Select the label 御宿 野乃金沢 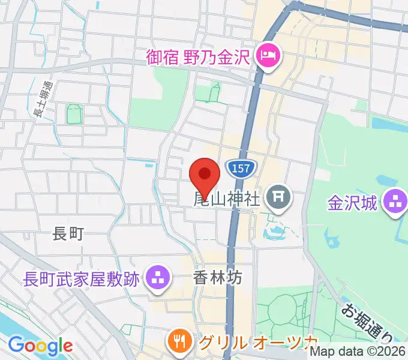(x=198, y=58)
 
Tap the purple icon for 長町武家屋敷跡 (x=158, y=278)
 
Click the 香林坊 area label (x=217, y=278)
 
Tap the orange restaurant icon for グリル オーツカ (x=179, y=343)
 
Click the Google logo (x=40, y=345)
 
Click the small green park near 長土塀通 (x=74, y=113)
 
